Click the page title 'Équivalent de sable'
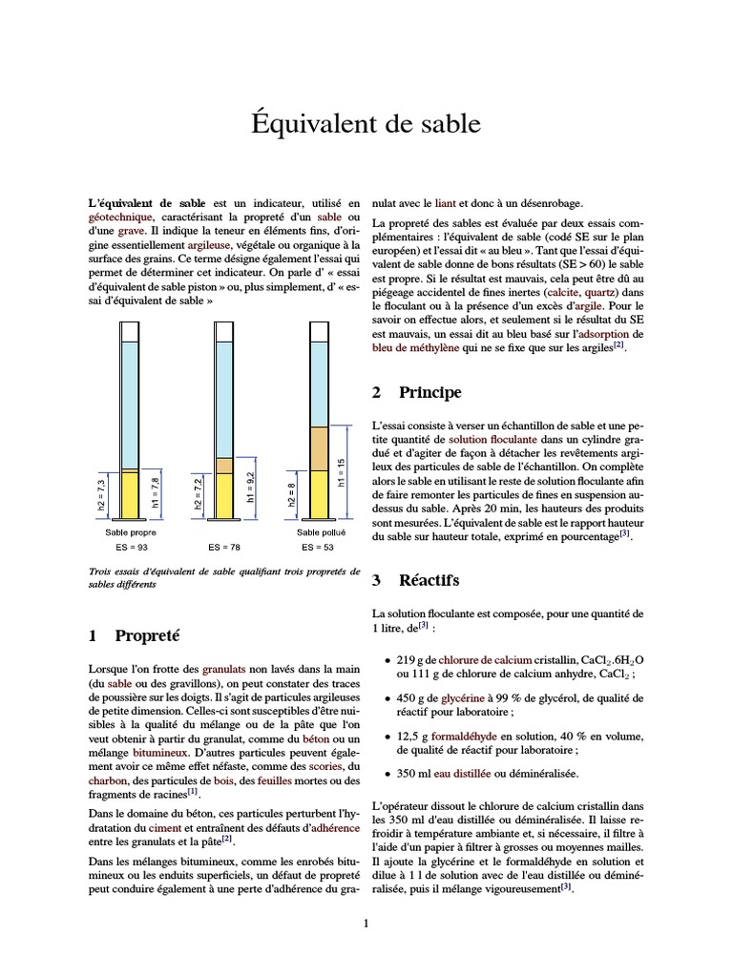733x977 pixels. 366,125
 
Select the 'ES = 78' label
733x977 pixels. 224,548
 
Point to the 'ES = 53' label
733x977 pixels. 319,548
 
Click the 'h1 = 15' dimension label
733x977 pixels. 341,473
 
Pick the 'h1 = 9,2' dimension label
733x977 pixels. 250,487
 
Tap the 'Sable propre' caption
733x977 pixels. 131,532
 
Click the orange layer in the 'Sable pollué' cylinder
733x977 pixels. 320,449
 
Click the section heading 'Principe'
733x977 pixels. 429,392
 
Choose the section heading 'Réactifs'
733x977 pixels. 429,579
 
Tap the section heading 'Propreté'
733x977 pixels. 146,634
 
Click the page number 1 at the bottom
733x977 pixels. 366,923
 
